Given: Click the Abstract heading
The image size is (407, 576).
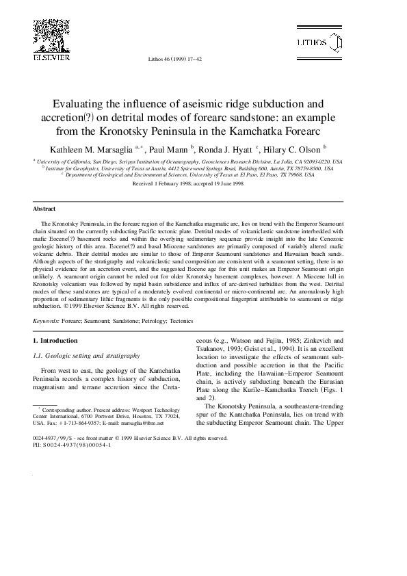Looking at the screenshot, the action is pyautogui.click(x=45, y=209).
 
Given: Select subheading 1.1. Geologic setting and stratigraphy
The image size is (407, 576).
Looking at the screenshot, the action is pyautogui.click(x=87, y=356).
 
